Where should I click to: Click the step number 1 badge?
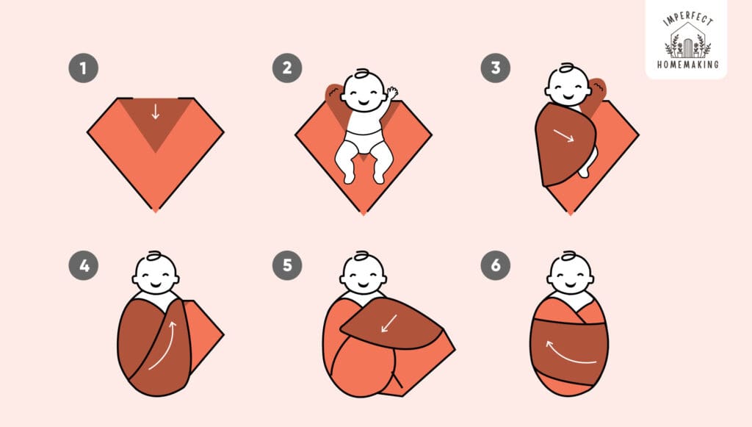point(83,69)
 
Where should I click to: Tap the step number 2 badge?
point(286,69)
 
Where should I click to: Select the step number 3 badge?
point(495,69)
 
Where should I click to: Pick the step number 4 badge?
point(83,266)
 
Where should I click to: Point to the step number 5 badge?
point(286,266)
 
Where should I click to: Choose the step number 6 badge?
point(495,266)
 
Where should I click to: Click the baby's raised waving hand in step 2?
point(393,93)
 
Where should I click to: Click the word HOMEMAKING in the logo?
point(687,64)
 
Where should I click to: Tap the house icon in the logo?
point(687,40)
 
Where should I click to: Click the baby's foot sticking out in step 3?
point(587,170)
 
